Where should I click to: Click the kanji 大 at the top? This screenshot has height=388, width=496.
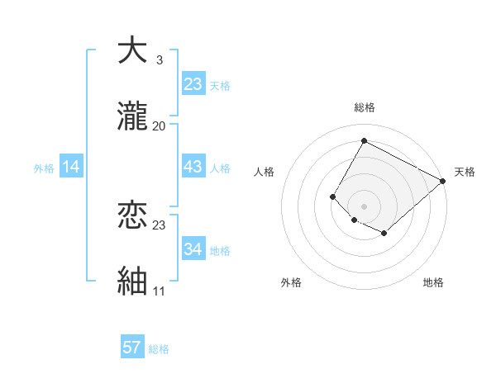tap(132, 52)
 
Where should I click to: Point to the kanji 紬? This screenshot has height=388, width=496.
tap(132, 281)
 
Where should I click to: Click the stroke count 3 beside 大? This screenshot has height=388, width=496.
tap(159, 60)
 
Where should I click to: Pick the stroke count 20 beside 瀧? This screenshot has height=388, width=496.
tap(159, 125)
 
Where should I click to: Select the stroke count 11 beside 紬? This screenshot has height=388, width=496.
tap(159, 291)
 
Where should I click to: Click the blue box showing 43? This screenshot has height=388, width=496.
tap(193, 168)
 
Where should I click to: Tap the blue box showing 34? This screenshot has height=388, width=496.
tap(193, 249)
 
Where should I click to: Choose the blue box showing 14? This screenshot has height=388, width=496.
tap(71, 168)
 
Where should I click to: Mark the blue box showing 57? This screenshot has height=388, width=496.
tap(132, 348)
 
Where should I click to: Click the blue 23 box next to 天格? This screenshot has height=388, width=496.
tap(193, 84)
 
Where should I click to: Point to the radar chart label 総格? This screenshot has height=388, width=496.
tap(364, 107)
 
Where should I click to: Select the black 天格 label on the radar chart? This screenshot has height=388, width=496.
tap(465, 172)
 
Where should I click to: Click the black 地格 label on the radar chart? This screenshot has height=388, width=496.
tap(433, 282)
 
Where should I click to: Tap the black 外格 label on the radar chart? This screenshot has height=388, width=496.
tap(291, 282)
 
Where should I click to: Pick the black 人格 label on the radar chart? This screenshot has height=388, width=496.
tap(264, 172)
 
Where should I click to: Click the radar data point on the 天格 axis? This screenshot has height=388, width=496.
tap(443, 181)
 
